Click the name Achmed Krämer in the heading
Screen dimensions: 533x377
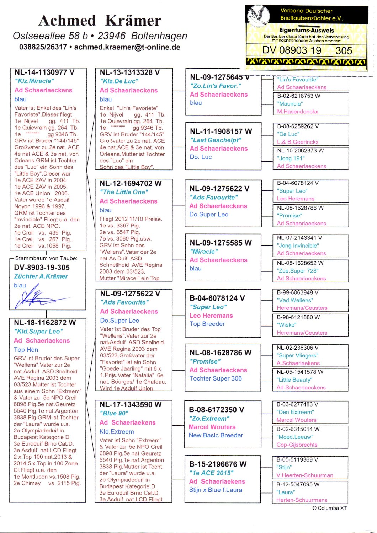(x=100, y=21)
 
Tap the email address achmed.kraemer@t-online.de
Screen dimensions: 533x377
(x=127, y=47)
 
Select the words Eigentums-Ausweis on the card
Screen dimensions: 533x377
(x=306, y=30)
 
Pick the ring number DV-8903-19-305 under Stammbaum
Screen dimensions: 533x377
(x=42, y=268)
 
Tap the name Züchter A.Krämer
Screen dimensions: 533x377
(x=41, y=276)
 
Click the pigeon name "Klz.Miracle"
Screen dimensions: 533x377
(x=34, y=81)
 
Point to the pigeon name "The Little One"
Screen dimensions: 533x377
(x=124, y=192)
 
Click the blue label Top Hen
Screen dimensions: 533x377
(x=26, y=350)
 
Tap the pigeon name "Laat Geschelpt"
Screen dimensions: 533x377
(x=216, y=140)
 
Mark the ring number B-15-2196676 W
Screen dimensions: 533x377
(x=218, y=464)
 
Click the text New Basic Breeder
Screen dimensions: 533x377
(x=216, y=435)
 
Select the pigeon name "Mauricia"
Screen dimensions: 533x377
(x=290, y=104)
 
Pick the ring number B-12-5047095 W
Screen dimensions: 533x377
(x=298, y=484)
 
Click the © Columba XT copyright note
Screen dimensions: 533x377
(x=329, y=508)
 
